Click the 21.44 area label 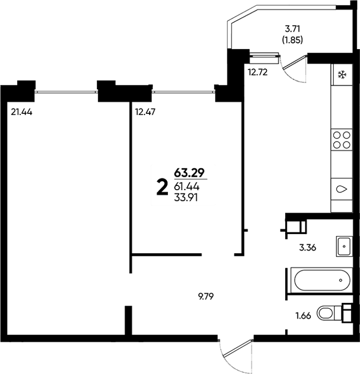[x=21, y=112]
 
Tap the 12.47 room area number [x=145, y=112]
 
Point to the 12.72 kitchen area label [x=258, y=72]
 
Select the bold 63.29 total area [x=189, y=173]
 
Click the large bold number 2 [x=162, y=188]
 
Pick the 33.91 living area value [x=186, y=198]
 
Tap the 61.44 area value [x=187, y=186]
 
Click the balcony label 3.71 [x=293, y=29]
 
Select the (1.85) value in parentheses [x=293, y=40]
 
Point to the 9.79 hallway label [x=206, y=297]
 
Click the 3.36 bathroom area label [x=308, y=248]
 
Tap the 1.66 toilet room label [x=303, y=316]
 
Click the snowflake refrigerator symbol [x=342, y=75]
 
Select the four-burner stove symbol [x=342, y=140]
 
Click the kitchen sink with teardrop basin [x=342, y=189]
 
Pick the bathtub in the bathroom [x=321, y=280]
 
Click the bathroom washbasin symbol [x=344, y=246]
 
